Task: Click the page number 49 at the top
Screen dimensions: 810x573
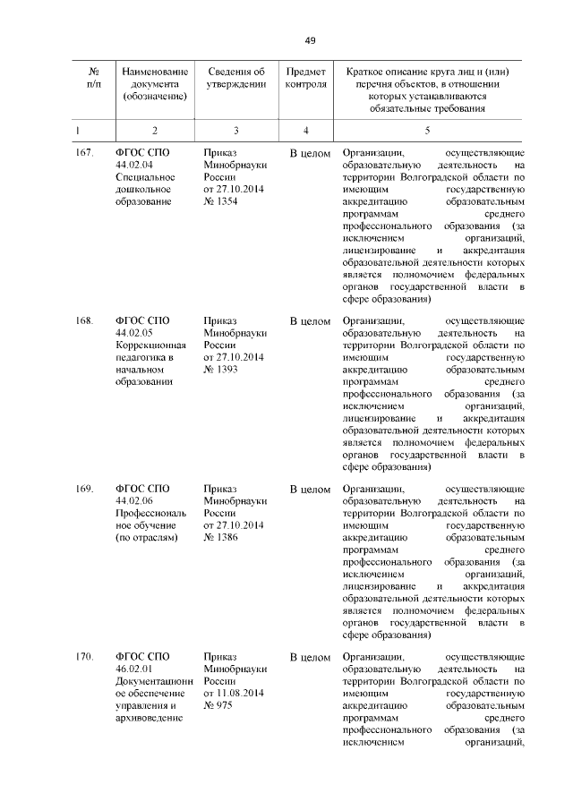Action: pyautogui.click(x=310, y=40)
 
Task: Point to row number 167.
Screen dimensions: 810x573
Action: pyautogui.click(x=84, y=153)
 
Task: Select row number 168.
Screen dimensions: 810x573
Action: pyautogui.click(x=84, y=320)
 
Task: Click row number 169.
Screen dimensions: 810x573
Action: pyautogui.click(x=84, y=490)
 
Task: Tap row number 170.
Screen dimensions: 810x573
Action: pyautogui.click(x=84, y=658)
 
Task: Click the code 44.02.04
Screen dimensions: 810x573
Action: pyautogui.click(x=134, y=166)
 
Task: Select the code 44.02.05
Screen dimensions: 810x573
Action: pyautogui.click(x=134, y=333)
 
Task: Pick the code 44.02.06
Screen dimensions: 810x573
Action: pyautogui.click(x=134, y=502)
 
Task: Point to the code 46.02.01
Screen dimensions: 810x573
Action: pyautogui.click(x=134, y=670)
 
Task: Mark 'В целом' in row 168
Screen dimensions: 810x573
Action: pyautogui.click(x=311, y=320)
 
